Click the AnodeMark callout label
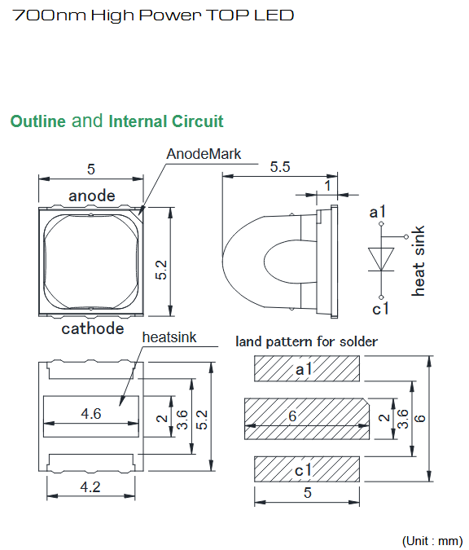point(204,154)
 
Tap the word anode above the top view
point(92,196)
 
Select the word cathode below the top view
point(93,328)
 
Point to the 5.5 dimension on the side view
point(280,166)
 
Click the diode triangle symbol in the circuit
point(381,259)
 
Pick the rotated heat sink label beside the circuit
point(419,261)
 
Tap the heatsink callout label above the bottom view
point(169,337)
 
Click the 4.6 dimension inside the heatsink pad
point(91,414)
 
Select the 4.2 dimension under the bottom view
point(90,487)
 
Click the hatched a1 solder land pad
point(307,368)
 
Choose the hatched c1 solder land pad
point(307,469)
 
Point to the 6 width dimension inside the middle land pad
point(292,416)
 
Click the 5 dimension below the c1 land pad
point(308,492)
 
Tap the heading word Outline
point(37,121)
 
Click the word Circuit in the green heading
point(197,121)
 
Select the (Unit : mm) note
point(432,540)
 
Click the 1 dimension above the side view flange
point(328,186)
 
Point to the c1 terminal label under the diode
point(381,309)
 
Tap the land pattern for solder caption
point(307,341)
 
